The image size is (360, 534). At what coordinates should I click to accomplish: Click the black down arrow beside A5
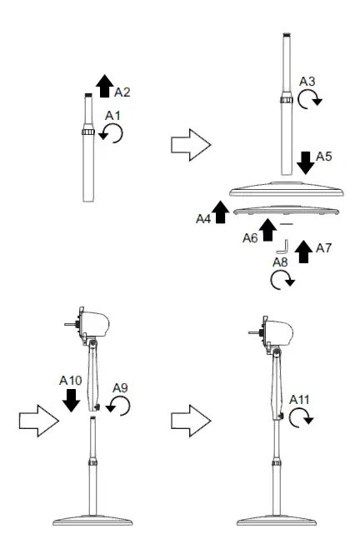click(x=305, y=160)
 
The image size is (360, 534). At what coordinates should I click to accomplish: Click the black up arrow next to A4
click(x=221, y=212)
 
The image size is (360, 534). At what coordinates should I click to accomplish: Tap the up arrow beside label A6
click(x=267, y=229)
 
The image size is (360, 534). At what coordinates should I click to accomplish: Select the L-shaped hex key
click(x=282, y=246)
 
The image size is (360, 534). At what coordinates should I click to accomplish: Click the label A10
click(x=72, y=379)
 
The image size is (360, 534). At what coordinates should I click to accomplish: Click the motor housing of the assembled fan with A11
click(x=278, y=328)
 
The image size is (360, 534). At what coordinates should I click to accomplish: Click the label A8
click(x=282, y=262)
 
